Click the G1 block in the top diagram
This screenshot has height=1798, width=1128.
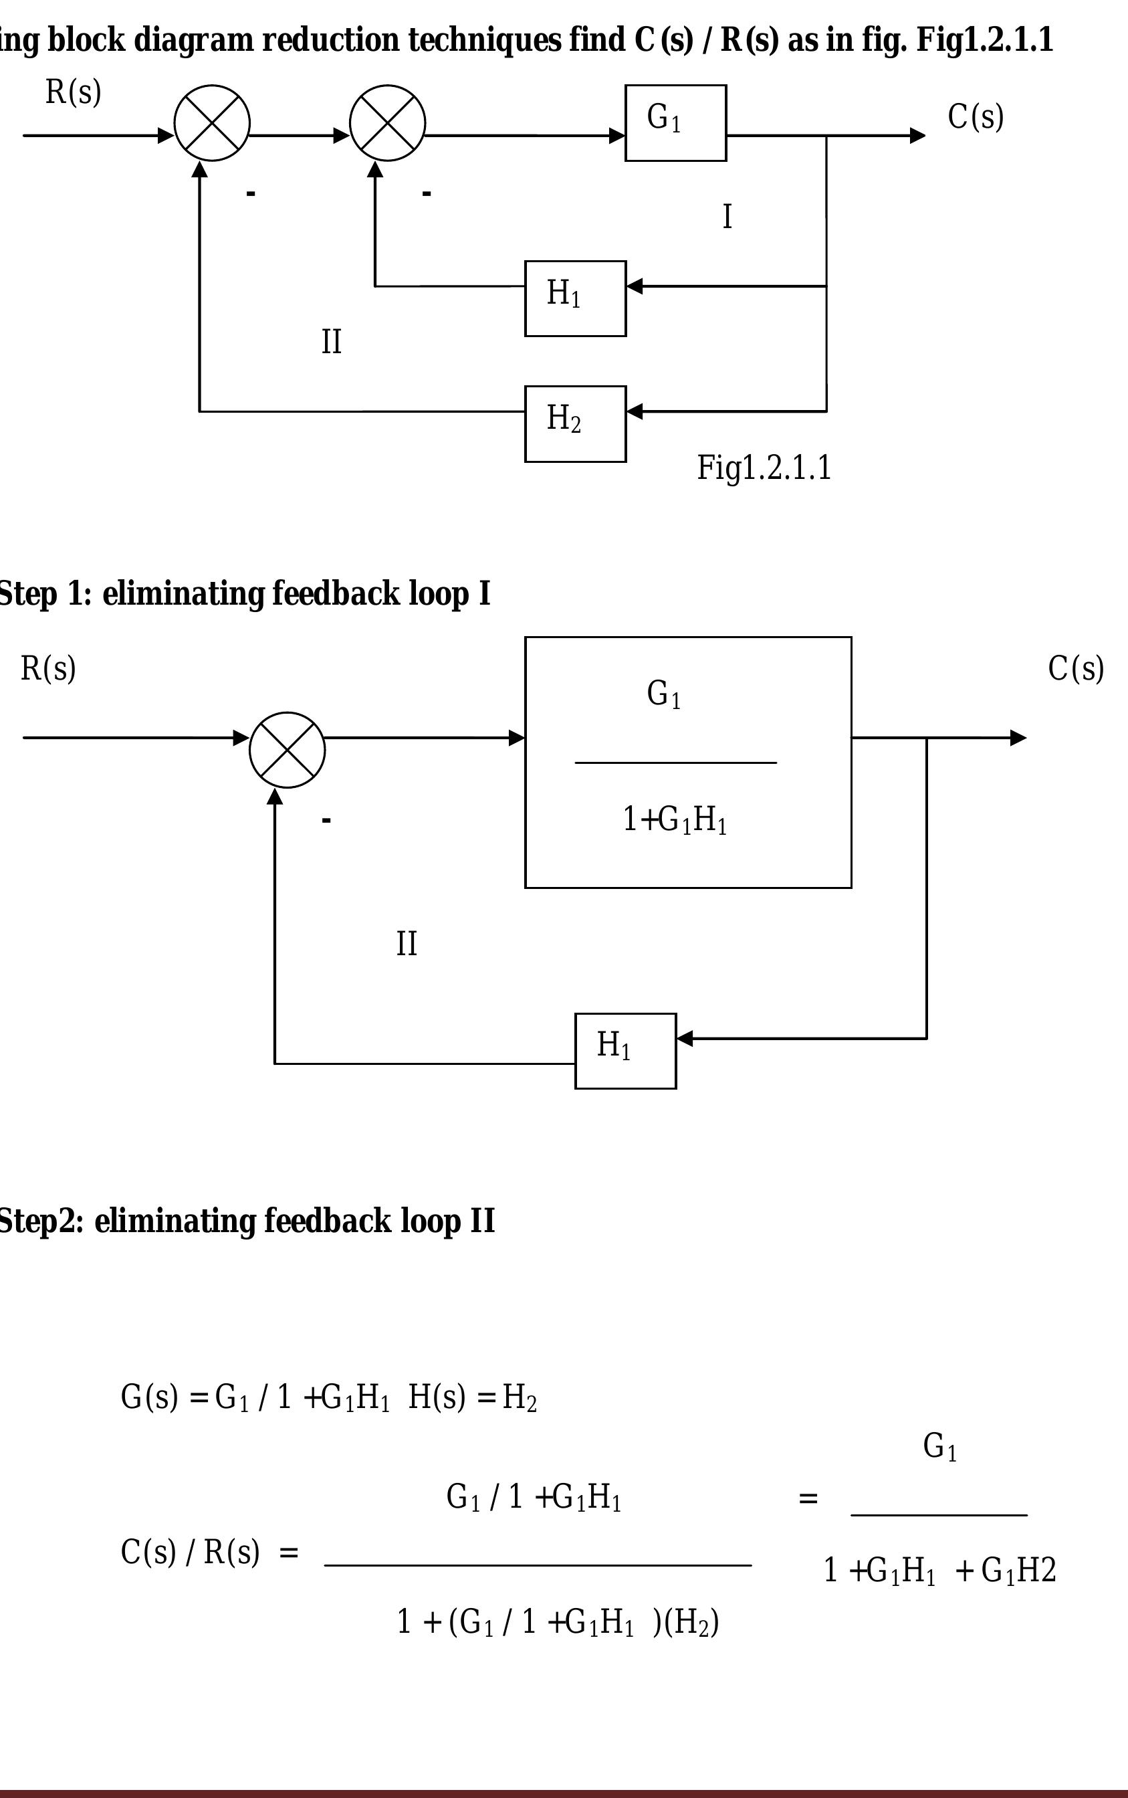675,123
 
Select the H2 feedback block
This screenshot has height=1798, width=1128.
575,424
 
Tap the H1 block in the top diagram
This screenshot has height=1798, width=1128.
575,298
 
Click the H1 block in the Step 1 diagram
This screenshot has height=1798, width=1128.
625,1051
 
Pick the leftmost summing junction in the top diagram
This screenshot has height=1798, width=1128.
212,123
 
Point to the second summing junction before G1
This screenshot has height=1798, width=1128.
387,123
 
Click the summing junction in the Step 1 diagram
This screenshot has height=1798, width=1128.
288,749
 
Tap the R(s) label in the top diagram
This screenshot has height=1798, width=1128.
73,92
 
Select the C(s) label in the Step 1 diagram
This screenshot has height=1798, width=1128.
1075,669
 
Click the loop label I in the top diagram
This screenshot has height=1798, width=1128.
727,217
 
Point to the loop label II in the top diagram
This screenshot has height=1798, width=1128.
331,342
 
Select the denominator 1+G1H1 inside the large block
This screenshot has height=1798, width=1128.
675,819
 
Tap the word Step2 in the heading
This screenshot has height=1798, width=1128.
41,1221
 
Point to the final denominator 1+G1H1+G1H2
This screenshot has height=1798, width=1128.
939,1571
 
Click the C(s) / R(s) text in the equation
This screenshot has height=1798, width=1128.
191,1553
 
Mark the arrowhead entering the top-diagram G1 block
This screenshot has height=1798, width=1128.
618,136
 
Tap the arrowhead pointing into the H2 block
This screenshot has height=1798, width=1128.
634,411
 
